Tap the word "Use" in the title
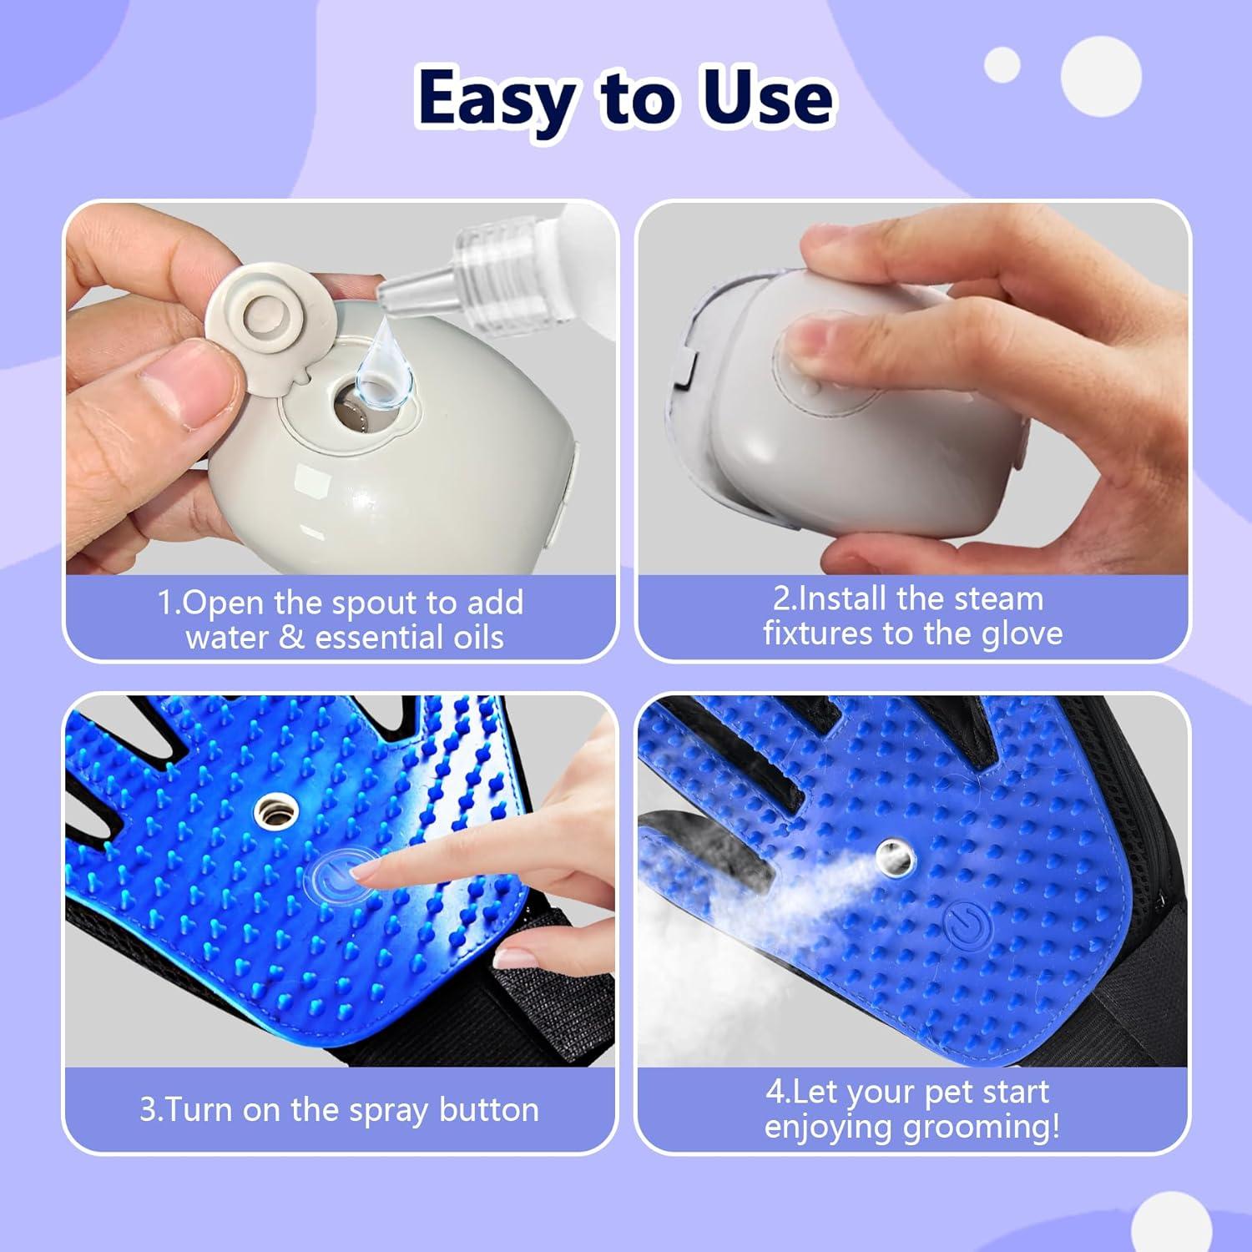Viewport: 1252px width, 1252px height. coord(768,98)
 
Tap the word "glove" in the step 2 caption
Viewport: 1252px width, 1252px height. coord(1022,634)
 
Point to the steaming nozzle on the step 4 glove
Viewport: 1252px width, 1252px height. coord(895,856)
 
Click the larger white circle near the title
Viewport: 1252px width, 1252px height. coord(1101,76)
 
